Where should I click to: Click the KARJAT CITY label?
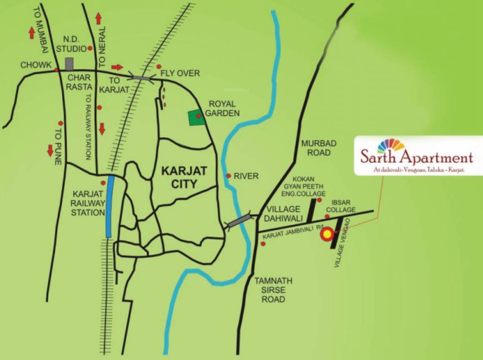click(179, 176)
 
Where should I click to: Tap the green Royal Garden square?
click(196, 118)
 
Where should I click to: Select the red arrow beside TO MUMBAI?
click(31, 33)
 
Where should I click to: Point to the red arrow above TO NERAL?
click(98, 18)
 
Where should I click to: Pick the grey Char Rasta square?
click(69, 64)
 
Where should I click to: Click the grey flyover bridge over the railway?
click(141, 78)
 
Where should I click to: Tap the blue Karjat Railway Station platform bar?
click(109, 206)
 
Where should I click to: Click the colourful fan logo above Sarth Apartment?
click(391, 145)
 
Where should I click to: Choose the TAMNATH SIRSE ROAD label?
click(273, 290)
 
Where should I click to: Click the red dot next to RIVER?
click(228, 176)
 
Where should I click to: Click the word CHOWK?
click(36, 65)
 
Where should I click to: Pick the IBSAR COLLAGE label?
click(340, 206)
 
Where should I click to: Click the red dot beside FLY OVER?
click(159, 67)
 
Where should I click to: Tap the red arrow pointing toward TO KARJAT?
click(117, 67)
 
